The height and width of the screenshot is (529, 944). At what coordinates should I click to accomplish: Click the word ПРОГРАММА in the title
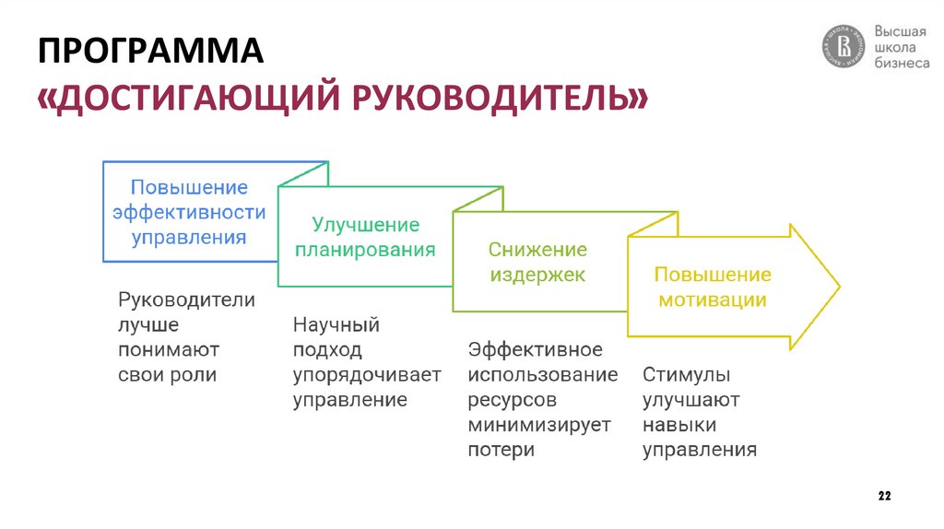tap(151, 52)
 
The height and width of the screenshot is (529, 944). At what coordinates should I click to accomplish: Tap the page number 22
tap(884, 497)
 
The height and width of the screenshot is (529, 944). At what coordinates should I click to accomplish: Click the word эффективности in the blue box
tap(189, 212)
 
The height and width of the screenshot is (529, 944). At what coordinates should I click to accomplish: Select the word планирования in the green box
tap(365, 250)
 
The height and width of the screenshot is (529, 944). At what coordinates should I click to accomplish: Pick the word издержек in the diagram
tap(537, 275)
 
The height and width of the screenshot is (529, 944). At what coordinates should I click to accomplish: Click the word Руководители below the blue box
tap(186, 300)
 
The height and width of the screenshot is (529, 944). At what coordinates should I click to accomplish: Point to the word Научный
tap(336, 325)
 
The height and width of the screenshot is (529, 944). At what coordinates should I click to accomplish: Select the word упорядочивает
tap(367, 375)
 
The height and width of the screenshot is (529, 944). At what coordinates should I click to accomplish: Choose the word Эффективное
tap(535, 350)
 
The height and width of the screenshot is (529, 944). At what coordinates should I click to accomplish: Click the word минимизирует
tap(539, 425)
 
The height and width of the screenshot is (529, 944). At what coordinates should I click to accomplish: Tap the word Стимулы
tap(687, 375)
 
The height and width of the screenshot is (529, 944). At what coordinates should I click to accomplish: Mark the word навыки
tap(679, 425)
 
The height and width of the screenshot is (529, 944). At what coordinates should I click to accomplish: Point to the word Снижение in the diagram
tap(537, 250)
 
